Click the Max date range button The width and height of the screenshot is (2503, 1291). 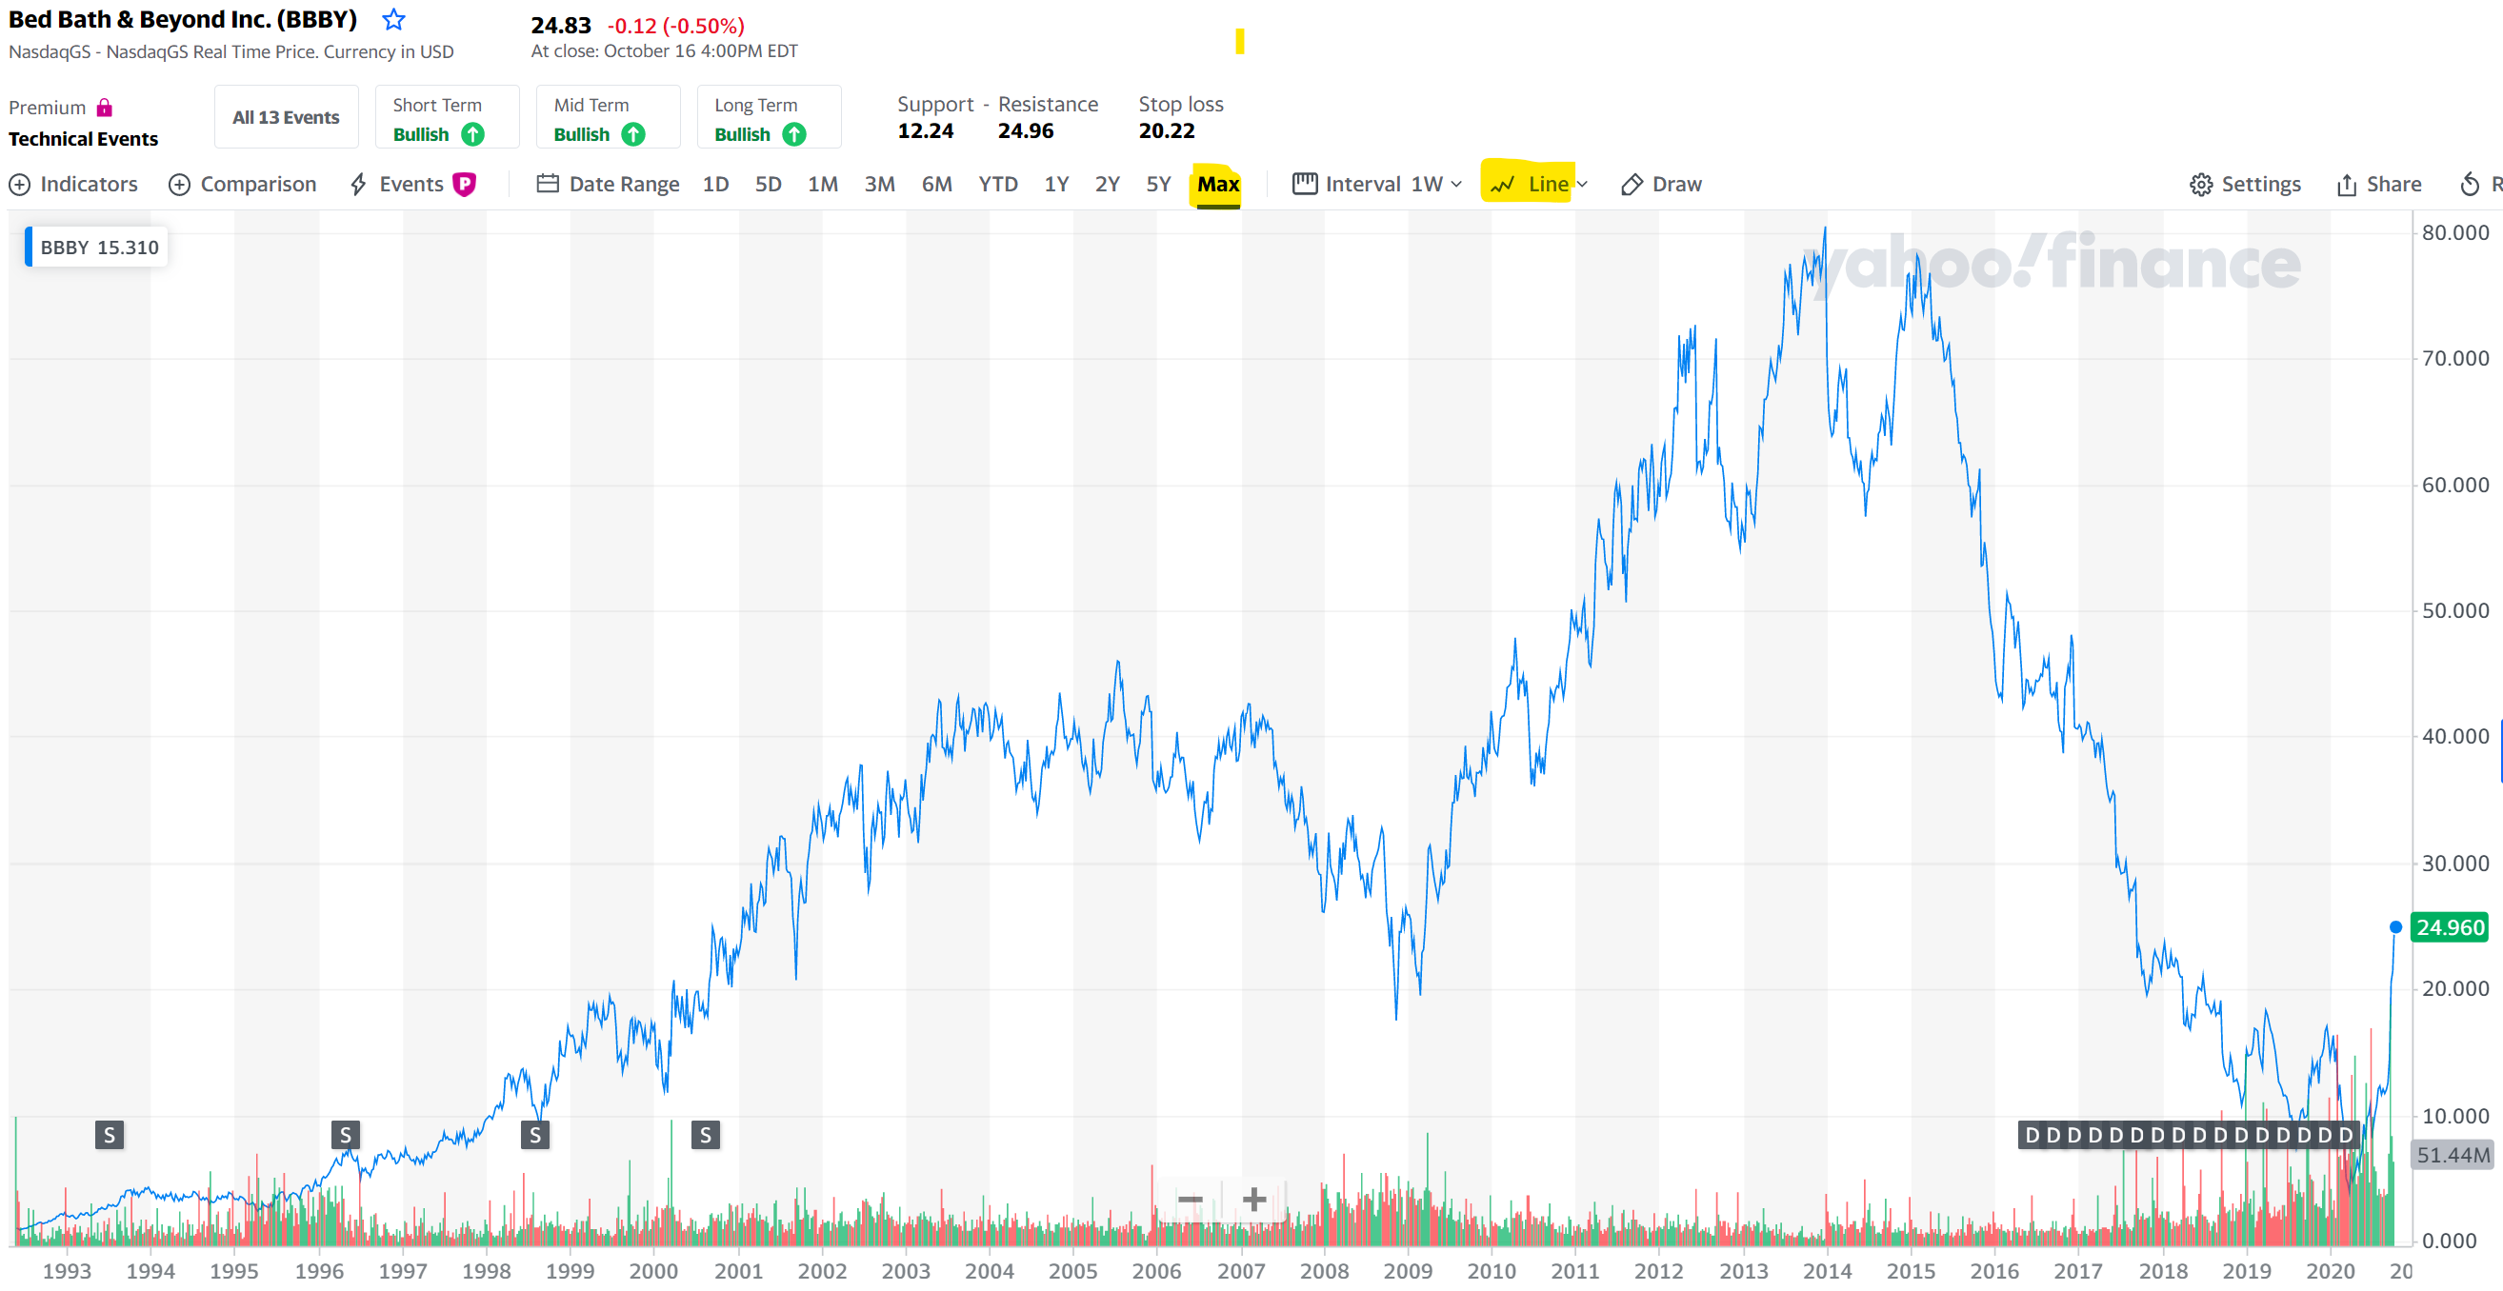[x=1217, y=184]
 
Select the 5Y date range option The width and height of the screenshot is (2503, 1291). [x=1158, y=184]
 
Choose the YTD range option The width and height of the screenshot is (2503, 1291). [x=997, y=184]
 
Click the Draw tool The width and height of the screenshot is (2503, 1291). [x=1662, y=184]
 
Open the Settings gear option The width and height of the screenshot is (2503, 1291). [x=2245, y=184]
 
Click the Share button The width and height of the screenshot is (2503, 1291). [x=2378, y=184]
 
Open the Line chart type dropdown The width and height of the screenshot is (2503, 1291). [x=1539, y=184]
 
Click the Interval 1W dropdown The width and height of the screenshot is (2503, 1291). [x=1377, y=184]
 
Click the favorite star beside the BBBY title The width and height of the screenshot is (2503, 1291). [x=393, y=19]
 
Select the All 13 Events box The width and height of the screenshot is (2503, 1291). [x=286, y=117]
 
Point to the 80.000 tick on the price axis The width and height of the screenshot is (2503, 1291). [x=2454, y=232]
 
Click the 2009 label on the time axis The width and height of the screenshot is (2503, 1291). [x=1407, y=1271]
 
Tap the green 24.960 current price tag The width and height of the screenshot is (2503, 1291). [x=2450, y=927]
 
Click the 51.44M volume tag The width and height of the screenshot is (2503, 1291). [x=2453, y=1155]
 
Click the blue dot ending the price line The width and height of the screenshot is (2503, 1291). [x=2395, y=926]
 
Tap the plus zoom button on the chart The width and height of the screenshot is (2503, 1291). [x=1253, y=1200]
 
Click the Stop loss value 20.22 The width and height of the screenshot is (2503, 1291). [x=1166, y=130]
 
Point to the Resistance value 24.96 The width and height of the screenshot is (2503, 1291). [x=1025, y=130]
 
